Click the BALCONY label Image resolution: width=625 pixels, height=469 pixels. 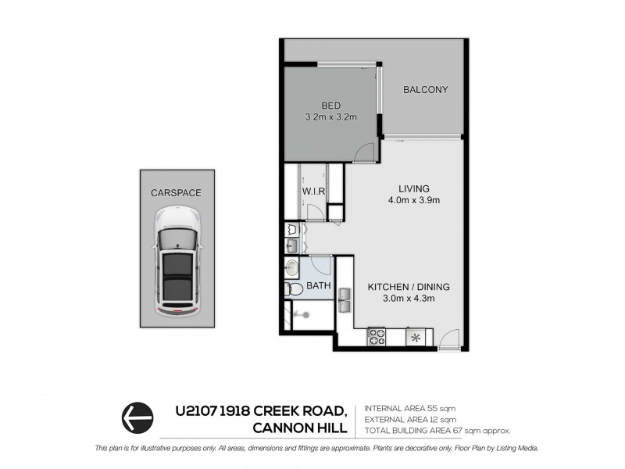pyautogui.click(x=425, y=90)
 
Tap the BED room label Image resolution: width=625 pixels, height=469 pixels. pyautogui.click(x=330, y=106)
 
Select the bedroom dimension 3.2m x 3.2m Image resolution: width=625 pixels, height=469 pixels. pyautogui.click(x=330, y=118)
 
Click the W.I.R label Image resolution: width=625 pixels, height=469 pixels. pyautogui.click(x=312, y=192)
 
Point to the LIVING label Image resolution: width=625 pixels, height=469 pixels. pyautogui.click(x=415, y=188)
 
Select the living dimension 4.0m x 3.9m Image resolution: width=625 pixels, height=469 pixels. pyautogui.click(x=415, y=200)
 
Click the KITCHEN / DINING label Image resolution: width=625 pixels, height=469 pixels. pyautogui.click(x=409, y=286)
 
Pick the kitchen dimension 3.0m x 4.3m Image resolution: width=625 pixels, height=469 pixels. pyautogui.click(x=409, y=298)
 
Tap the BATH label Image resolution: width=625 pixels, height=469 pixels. pyautogui.click(x=318, y=286)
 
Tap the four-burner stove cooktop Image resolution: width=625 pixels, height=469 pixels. pyautogui.click(x=377, y=337)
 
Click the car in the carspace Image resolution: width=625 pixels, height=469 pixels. pyautogui.click(x=177, y=262)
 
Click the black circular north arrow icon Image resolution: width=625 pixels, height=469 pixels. pyautogui.click(x=136, y=417)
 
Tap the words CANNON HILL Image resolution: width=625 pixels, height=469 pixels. pyautogui.click(x=299, y=428)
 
